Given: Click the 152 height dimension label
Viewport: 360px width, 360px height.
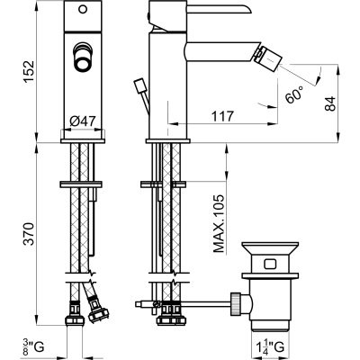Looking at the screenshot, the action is coord(30,72).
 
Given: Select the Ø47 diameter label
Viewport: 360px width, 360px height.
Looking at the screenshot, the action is coord(83,121).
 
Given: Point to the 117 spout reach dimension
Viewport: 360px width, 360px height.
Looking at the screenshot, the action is coord(222,116).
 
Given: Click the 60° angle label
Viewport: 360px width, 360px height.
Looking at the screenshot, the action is coord(294,94).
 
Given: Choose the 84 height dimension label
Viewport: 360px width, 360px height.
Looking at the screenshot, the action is coord(330,103).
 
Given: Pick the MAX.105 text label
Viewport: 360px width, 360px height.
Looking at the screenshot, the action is coord(219,223).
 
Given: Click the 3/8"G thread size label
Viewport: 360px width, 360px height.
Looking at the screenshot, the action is coord(33,346).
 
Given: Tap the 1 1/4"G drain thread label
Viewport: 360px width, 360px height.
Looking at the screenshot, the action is coord(268,346).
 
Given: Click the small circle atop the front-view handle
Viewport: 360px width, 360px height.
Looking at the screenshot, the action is coord(83,9).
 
